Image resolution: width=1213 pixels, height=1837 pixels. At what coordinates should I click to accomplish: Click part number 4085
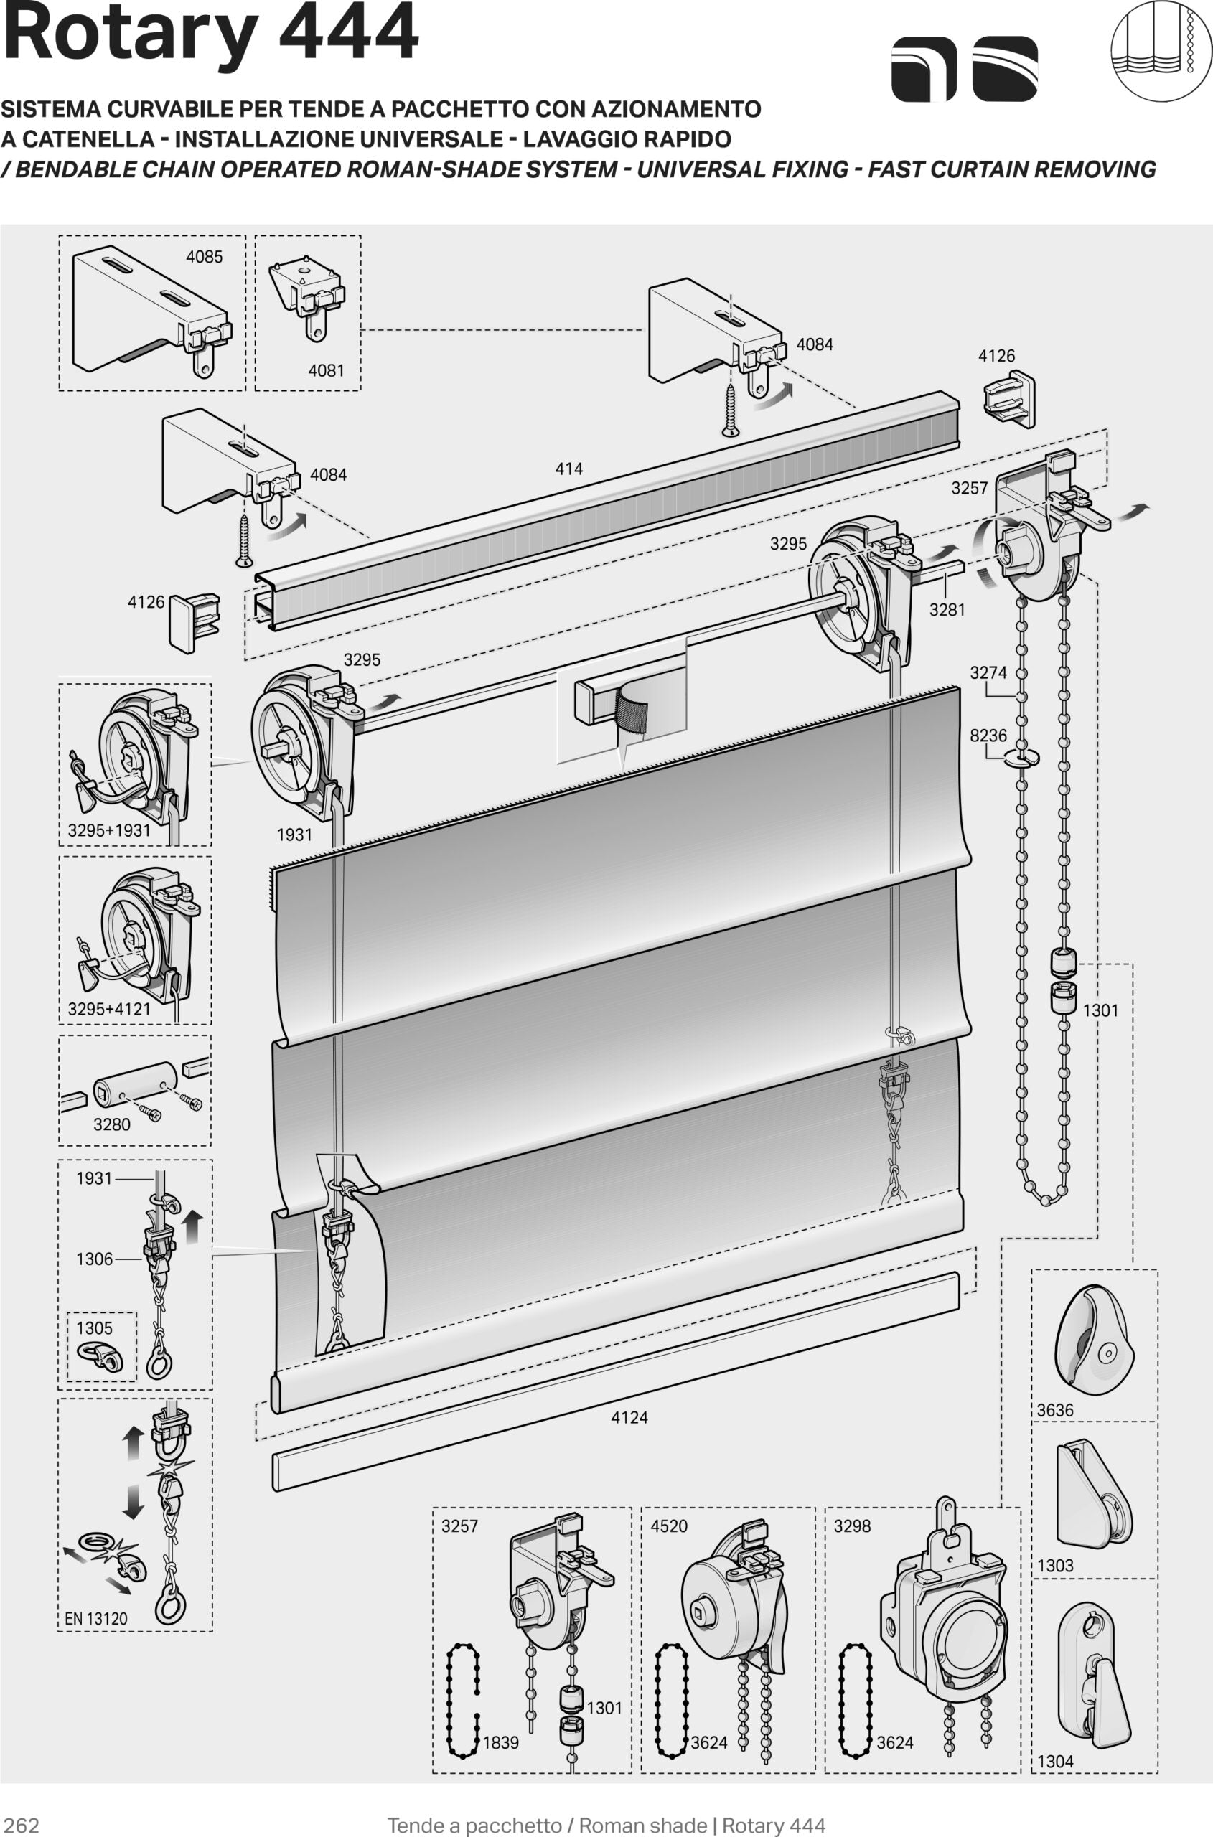(205, 257)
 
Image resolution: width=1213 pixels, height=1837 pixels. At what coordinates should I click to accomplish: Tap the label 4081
(326, 370)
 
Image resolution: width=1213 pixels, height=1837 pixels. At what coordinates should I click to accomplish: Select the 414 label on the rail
(568, 469)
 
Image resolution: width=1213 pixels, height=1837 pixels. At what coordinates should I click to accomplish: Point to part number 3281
(947, 609)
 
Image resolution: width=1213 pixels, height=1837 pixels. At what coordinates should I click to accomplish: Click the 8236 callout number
(988, 735)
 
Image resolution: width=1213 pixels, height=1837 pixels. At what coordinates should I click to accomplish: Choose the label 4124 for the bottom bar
(629, 1417)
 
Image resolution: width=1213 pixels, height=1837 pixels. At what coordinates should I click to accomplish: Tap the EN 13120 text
(96, 1618)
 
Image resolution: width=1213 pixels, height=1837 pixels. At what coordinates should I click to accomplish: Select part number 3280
(111, 1124)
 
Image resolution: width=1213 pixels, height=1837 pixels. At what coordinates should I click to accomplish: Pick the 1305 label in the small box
(94, 1328)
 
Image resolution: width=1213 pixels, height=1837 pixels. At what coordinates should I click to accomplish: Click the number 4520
(668, 1526)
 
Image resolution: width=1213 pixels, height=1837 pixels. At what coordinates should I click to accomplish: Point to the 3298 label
(852, 1526)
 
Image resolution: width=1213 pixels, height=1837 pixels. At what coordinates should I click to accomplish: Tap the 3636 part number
(1055, 1410)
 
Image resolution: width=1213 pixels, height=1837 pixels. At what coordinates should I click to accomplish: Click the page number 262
(22, 1826)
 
